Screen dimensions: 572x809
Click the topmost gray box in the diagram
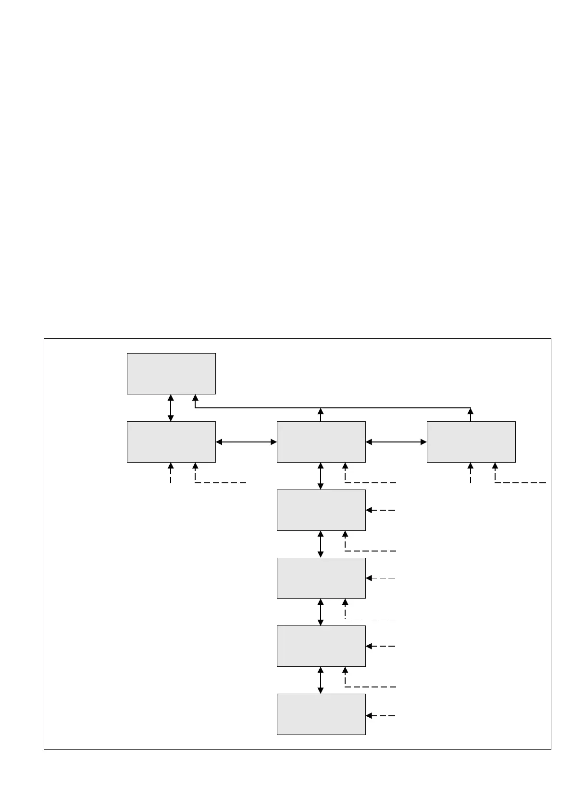click(x=171, y=374)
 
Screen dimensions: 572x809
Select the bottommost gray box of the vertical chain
click(x=321, y=714)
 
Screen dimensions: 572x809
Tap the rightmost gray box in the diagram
click(x=471, y=442)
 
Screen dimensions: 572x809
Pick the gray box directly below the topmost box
click(x=171, y=442)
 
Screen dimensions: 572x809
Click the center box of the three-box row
click(x=321, y=442)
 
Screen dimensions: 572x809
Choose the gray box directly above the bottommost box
click(x=321, y=646)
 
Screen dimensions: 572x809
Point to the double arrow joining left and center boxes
click(x=246, y=442)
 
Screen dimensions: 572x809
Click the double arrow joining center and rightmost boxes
click(x=396, y=442)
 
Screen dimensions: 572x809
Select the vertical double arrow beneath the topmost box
click(x=171, y=408)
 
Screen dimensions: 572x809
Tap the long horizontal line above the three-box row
click(x=332, y=408)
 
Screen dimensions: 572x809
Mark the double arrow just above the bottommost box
click(x=321, y=680)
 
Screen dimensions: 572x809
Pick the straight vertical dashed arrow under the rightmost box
click(x=471, y=473)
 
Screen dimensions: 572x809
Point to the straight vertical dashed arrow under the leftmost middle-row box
click(x=171, y=473)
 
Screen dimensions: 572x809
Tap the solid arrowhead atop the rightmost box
click(x=471, y=412)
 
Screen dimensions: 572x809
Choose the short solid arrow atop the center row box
click(x=321, y=415)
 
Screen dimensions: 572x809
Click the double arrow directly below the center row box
click(x=321, y=476)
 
